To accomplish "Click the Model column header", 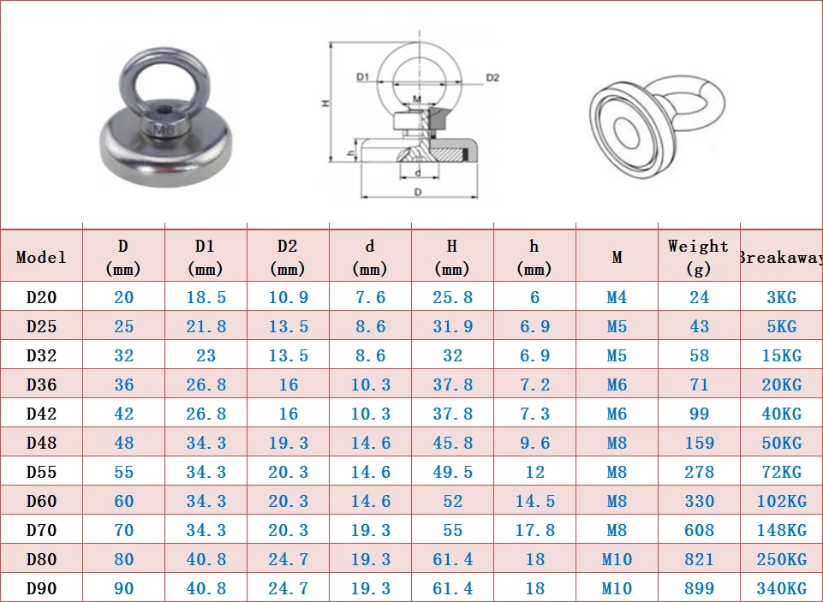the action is point(41,257).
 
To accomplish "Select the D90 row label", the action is point(41,588).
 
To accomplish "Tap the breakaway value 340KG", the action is point(782,588).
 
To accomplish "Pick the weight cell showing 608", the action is point(699,530).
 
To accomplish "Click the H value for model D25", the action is point(452,326).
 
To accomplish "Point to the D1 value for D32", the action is point(206,355).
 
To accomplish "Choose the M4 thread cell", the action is point(617,298).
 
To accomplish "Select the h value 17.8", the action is point(535,530).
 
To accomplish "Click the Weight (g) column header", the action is point(699,257).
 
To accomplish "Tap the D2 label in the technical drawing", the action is point(492,78).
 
